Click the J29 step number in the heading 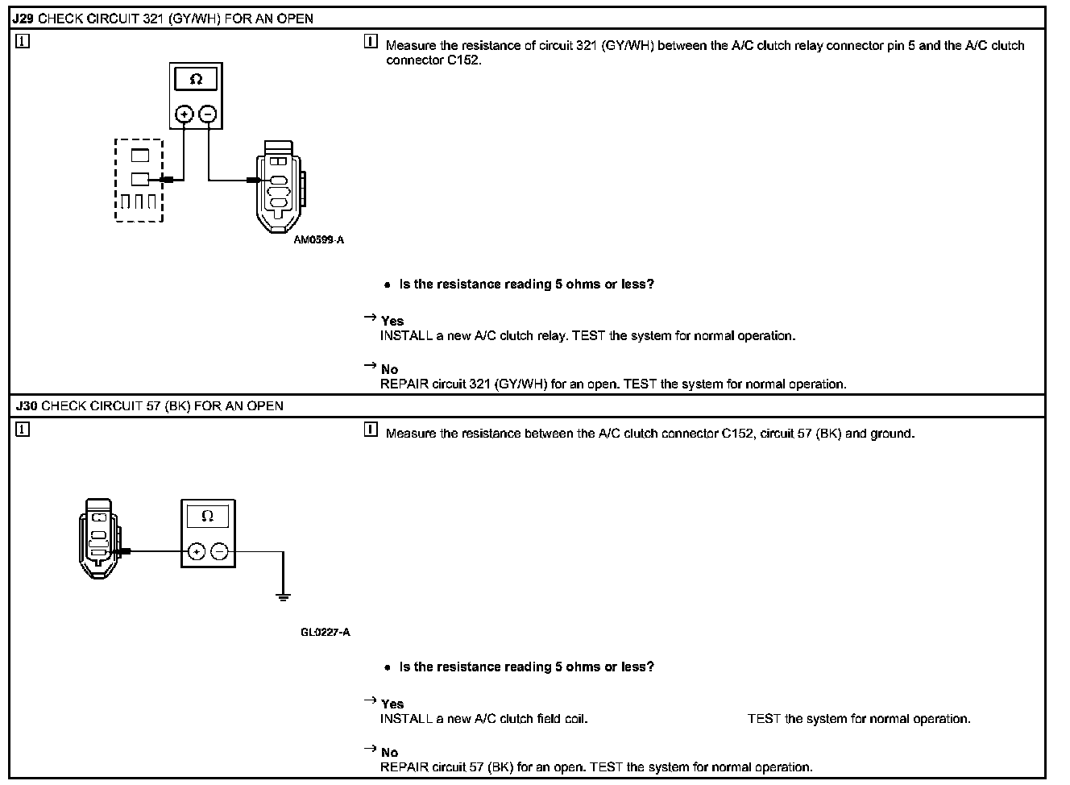(23, 18)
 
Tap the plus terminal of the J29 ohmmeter (185, 114)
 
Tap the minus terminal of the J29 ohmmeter (208, 114)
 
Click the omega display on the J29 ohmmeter (196, 79)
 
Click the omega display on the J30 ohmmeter (207, 516)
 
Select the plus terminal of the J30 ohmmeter (196, 551)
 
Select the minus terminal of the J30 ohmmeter (219, 551)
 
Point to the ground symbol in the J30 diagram (283, 596)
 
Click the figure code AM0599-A (319, 239)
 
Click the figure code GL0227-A (326, 632)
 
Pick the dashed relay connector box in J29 (139, 181)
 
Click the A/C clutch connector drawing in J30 (100, 535)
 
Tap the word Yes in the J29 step (392, 321)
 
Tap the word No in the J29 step (389, 370)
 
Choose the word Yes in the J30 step (392, 704)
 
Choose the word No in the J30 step (389, 753)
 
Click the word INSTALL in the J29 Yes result (406, 335)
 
